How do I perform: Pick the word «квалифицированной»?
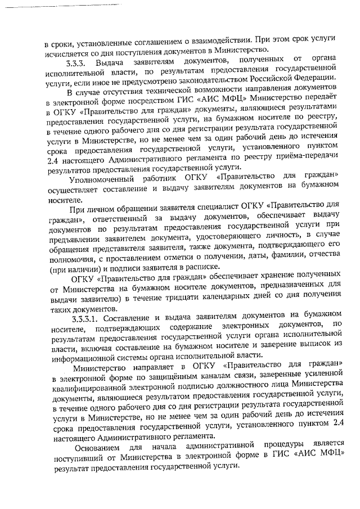(92, 390)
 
